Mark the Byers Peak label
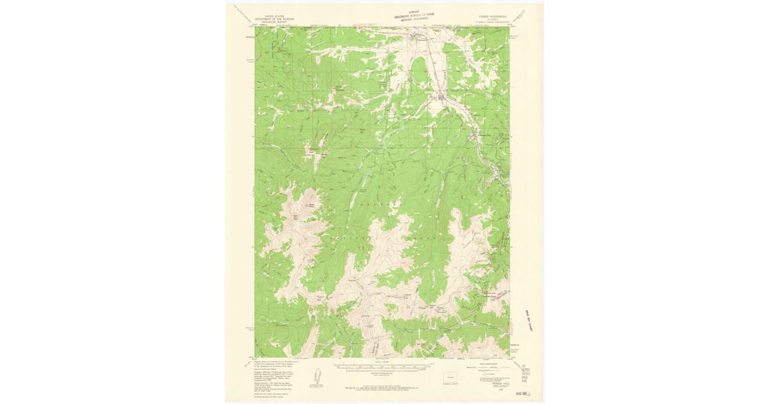click(314, 206)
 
